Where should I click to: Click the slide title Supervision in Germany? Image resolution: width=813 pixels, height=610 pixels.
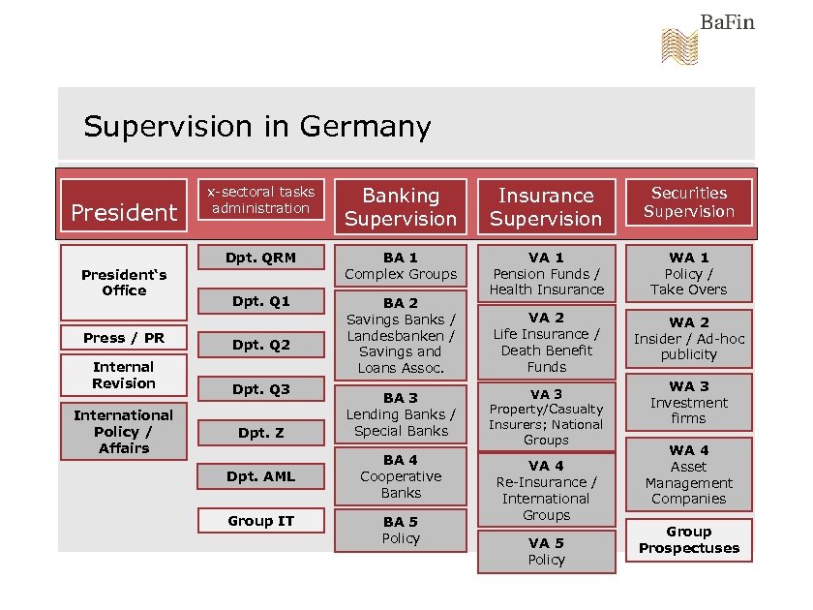256,127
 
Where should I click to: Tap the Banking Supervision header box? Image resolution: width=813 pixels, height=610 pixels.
401,206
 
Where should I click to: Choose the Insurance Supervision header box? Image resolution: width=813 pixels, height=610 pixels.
546,206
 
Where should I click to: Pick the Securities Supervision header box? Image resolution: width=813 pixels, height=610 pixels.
689,202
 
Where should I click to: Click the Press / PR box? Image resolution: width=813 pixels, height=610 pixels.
124,338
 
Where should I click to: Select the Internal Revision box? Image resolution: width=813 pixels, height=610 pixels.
124,375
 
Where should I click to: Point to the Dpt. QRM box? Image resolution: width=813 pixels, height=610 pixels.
261,258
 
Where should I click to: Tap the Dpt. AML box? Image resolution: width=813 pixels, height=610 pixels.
261,476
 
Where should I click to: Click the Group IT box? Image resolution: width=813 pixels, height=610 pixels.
261,521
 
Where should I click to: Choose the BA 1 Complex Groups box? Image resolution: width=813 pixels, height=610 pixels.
401,265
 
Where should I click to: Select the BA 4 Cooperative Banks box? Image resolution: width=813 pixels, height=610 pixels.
401,476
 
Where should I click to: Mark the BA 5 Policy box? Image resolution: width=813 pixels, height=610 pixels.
401,531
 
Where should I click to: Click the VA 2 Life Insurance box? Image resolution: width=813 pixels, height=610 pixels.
546,342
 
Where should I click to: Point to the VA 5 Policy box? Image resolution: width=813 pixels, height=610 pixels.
546,552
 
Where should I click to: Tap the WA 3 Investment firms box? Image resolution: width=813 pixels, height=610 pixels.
689,402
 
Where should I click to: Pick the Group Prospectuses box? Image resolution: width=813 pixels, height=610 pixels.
689,540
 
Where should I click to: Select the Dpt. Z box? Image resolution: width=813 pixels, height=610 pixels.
261,433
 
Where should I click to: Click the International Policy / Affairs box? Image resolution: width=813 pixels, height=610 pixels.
124,431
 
